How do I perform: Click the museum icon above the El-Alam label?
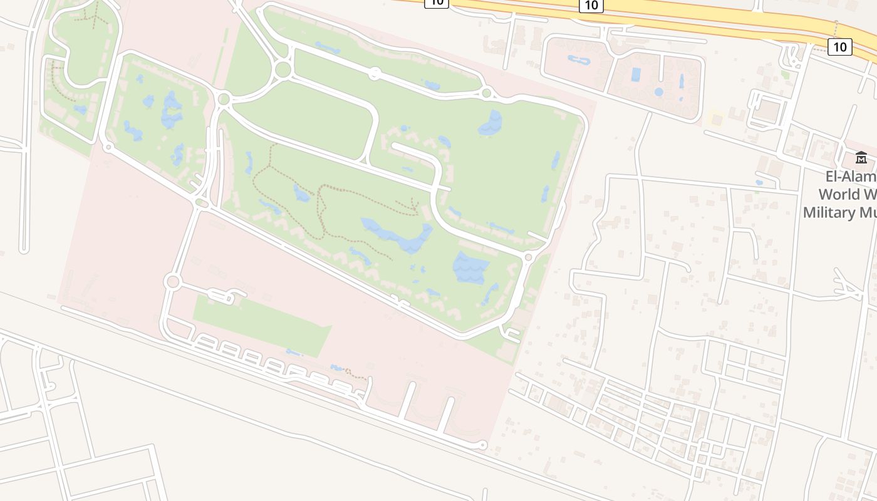tap(861, 158)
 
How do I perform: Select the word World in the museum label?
tap(846, 194)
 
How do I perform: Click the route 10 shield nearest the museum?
tap(839, 46)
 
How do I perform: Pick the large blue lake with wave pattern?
tap(470, 267)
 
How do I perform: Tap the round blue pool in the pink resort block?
tap(658, 92)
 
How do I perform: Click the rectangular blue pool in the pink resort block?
tap(636, 75)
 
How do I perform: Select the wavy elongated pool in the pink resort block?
tap(578, 61)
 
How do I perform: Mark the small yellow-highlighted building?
tap(715, 118)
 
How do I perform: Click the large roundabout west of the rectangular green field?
tap(172, 282)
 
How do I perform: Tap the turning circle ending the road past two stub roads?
tap(482, 445)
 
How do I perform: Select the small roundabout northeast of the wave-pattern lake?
tap(528, 257)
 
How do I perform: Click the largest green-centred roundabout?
tap(283, 69)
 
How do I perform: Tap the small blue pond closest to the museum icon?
tap(759, 183)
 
